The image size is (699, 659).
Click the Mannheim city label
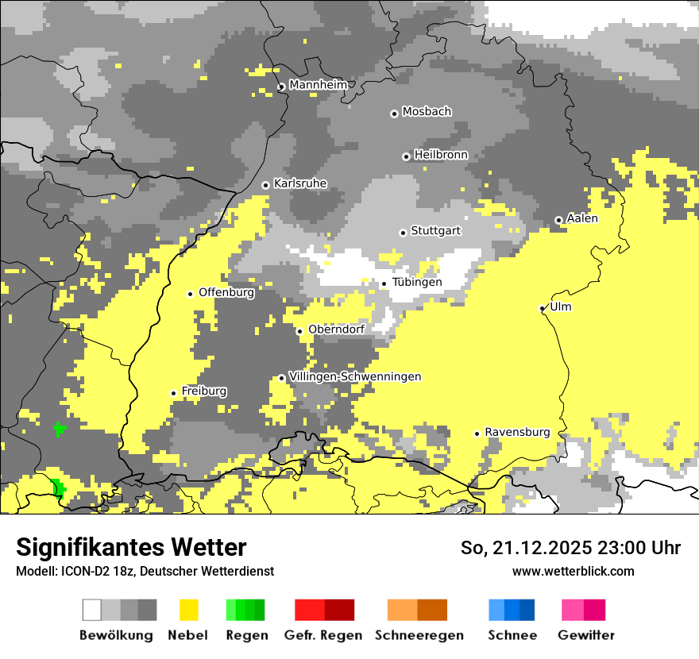click(318, 85)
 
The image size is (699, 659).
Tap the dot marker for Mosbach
click(394, 114)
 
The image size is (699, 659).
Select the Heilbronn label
click(441, 155)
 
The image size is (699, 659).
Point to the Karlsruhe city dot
click(265, 185)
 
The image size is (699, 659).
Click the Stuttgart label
click(435, 231)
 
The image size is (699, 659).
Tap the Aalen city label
click(582, 218)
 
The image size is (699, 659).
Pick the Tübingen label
click(417, 282)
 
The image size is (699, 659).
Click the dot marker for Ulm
click(543, 308)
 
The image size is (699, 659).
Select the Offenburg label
click(226, 292)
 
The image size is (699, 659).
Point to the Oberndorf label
click(336, 329)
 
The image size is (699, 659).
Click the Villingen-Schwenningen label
click(355, 376)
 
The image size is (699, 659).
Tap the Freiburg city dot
click(173, 393)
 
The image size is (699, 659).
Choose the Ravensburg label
click(517, 432)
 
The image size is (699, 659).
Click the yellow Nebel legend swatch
click(188, 610)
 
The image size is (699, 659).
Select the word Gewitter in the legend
click(586, 635)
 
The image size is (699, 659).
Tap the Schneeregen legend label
click(419, 635)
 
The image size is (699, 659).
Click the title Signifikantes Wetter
click(131, 547)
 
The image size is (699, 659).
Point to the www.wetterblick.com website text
click(573, 571)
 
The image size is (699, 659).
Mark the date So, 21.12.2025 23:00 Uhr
click(570, 548)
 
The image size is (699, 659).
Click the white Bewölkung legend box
click(92, 610)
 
